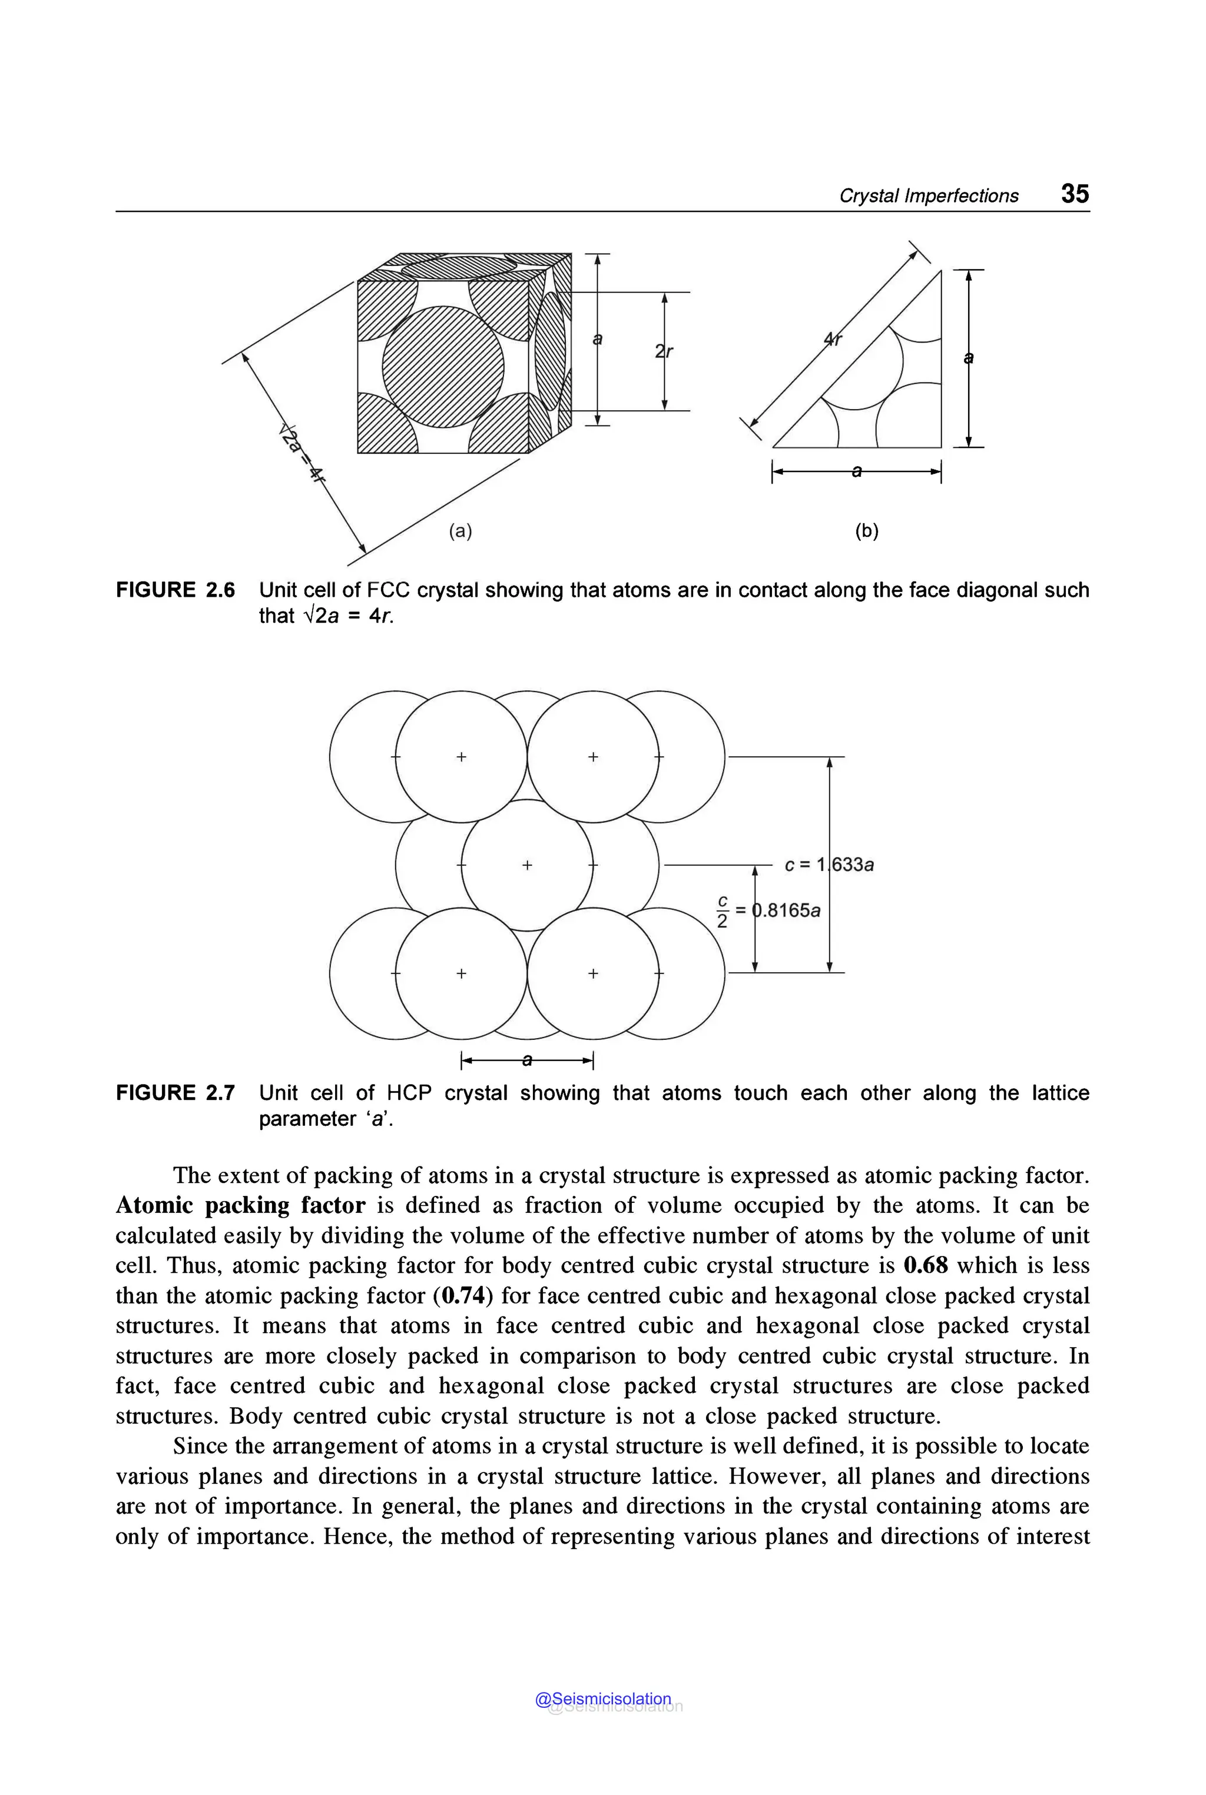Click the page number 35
1075,194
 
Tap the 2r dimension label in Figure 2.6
664,351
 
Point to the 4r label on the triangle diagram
833,339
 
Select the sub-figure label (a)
460,530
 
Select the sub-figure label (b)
866,530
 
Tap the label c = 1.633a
829,865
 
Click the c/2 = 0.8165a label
769,911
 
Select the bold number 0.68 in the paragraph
925,1265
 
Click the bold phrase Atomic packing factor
240,1205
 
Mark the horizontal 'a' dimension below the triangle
856,472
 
